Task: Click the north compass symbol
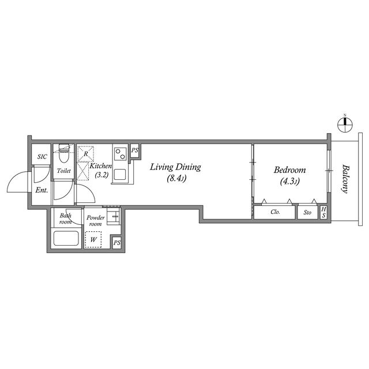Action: (345, 124)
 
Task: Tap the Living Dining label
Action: (175, 167)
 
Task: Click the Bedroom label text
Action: (289, 170)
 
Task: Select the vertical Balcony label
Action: (345, 179)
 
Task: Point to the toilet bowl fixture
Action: (63, 153)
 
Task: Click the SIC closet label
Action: (42, 156)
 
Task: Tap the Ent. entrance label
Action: (42, 190)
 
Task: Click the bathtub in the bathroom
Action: (66, 238)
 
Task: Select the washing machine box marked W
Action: (93, 240)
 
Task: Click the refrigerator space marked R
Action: (86, 154)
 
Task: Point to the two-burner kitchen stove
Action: (121, 154)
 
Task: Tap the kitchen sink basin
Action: (120, 174)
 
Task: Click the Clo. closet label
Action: (275, 212)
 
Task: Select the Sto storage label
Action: (307, 213)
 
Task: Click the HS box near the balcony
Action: (324, 212)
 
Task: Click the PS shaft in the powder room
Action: (117, 243)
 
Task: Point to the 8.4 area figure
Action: (177, 179)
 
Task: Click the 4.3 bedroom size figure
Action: (289, 182)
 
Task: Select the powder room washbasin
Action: (114, 216)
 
